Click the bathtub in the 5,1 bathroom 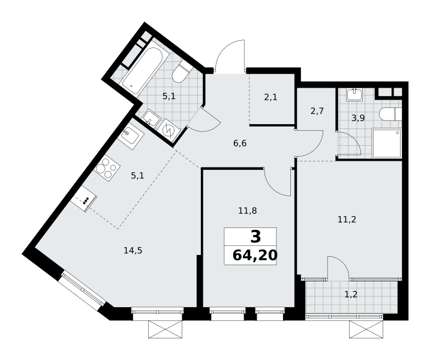pyautogui.click(x=142, y=71)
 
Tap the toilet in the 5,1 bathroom pyautogui.click(x=181, y=71)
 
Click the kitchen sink pyautogui.click(x=131, y=136)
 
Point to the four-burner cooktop pyautogui.click(x=107, y=168)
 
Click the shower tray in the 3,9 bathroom pyautogui.click(x=387, y=143)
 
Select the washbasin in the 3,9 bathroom pyautogui.click(x=355, y=95)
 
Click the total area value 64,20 pyautogui.click(x=255, y=256)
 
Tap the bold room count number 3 pyautogui.click(x=255, y=237)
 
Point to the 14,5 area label pyautogui.click(x=133, y=251)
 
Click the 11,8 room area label pyautogui.click(x=247, y=211)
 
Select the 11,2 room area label pyautogui.click(x=347, y=220)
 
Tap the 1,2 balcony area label pyautogui.click(x=351, y=295)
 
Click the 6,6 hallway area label pyautogui.click(x=240, y=143)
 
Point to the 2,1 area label pyautogui.click(x=270, y=97)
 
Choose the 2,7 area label pyautogui.click(x=317, y=111)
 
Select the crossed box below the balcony pyautogui.click(x=366, y=329)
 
